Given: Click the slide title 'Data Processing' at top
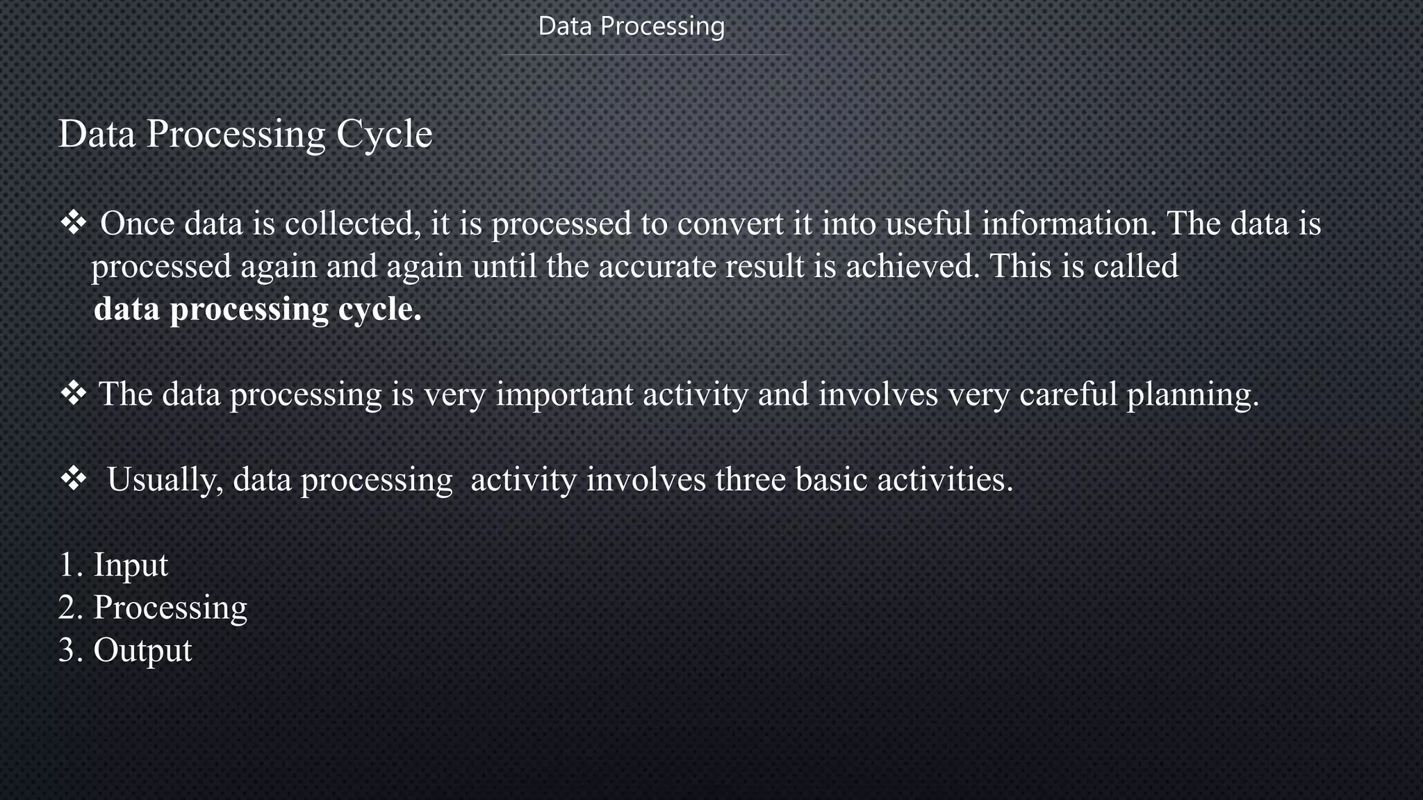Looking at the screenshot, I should click(x=631, y=26).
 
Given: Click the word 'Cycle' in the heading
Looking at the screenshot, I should click(x=384, y=134).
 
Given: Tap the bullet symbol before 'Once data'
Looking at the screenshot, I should click(x=73, y=224).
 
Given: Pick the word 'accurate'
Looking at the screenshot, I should click(x=657, y=267).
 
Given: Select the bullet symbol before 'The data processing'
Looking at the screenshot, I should click(x=73, y=394).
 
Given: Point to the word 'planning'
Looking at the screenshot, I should click(x=1192, y=396).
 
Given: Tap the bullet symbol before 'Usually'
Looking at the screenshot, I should click(x=73, y=479).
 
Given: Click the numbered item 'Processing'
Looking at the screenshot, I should click(x=170, y=608).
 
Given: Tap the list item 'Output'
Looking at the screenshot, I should click(x=142, y=651).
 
